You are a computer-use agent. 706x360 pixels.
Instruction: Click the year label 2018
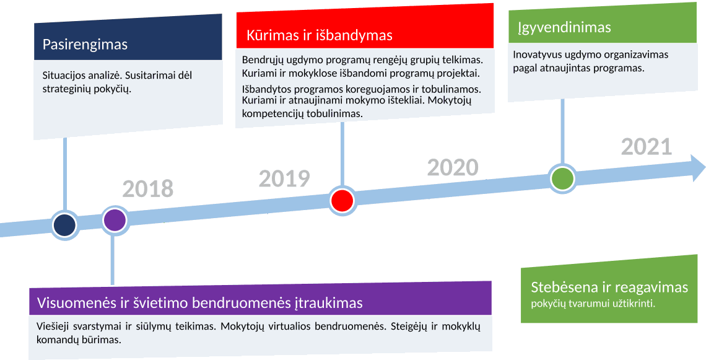click(x=147, y=189)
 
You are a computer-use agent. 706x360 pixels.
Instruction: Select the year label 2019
click(x=284, y=178)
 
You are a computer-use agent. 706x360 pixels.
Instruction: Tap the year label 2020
click(x=453, y=168)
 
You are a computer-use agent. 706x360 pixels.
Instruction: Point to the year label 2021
click(x=647, y=147)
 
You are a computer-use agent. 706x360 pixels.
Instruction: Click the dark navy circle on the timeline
click(x=65, y=225)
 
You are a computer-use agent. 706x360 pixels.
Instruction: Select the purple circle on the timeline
click(x=115, y=220)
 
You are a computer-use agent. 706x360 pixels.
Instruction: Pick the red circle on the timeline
click(x=342, y=201)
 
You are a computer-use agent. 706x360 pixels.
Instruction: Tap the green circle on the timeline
click(x=562, y=178)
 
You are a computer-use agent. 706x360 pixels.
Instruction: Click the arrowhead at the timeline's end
click(x=697, y=168)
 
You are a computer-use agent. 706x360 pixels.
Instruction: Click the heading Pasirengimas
click(x=85, y=45)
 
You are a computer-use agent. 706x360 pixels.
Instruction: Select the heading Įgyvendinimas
click(x=564, y=27)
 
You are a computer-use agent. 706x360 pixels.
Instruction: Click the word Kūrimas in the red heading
click(x=272, y=35)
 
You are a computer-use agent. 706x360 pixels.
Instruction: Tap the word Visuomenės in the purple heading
click(x=77, y=302)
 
